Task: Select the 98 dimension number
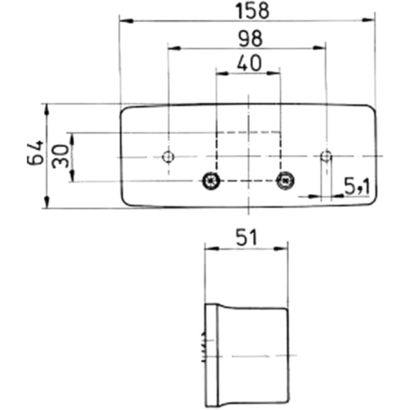[247, 39]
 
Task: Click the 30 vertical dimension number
[59, 157]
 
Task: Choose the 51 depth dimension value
[245, 237]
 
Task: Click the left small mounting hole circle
[167, 157]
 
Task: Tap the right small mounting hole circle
[327, 157]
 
